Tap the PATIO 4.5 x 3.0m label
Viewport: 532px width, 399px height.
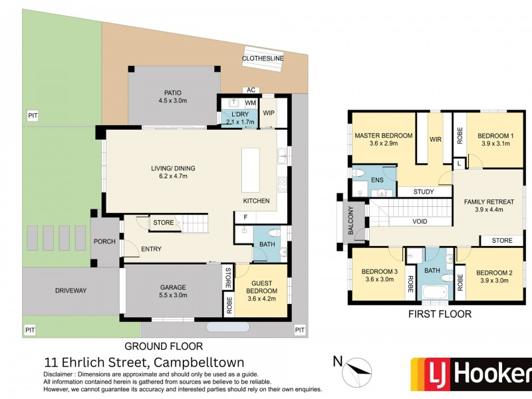(x=174, y=97)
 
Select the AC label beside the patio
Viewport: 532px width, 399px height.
(x=251, y=90)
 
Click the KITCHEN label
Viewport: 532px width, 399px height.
(x=256, y=200)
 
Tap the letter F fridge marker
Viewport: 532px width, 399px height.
(x=245, y=217)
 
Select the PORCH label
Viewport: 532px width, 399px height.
(x=105, y=241)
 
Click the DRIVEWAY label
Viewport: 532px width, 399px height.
(x=71, y=291)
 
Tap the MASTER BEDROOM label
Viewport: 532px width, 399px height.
(x=383, y=140)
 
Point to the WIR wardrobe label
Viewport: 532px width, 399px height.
(x=436, y=140)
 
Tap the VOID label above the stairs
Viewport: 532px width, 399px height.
(x=420, y=222)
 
